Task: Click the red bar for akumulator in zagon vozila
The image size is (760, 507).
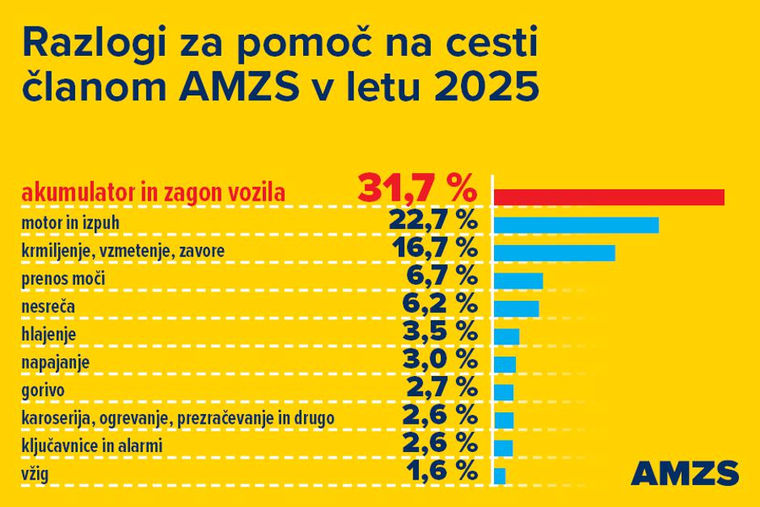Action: click(x=608, y=196)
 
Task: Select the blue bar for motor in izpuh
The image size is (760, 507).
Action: click(x=576, y=225)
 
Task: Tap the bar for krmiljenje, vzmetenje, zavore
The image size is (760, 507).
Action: click(x=554, y=252)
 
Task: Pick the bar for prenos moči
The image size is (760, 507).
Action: click(x=517, y=281)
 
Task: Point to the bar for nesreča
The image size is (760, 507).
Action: click(x=516, y=308)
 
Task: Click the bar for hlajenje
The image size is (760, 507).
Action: click(x=506, y=336)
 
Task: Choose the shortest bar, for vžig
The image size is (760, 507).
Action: click(x=500, y=475)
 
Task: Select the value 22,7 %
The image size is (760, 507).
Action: click(x=433, y=221)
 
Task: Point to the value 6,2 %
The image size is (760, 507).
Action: click(x=440, y=304)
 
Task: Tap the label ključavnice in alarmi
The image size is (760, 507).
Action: click(x=92, y=446)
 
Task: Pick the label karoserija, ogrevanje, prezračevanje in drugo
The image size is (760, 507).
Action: click(x=178, y=418)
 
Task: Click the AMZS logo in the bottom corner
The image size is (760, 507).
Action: click(x=684, y=472)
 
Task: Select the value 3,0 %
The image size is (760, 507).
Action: click(x=440, y=360)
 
